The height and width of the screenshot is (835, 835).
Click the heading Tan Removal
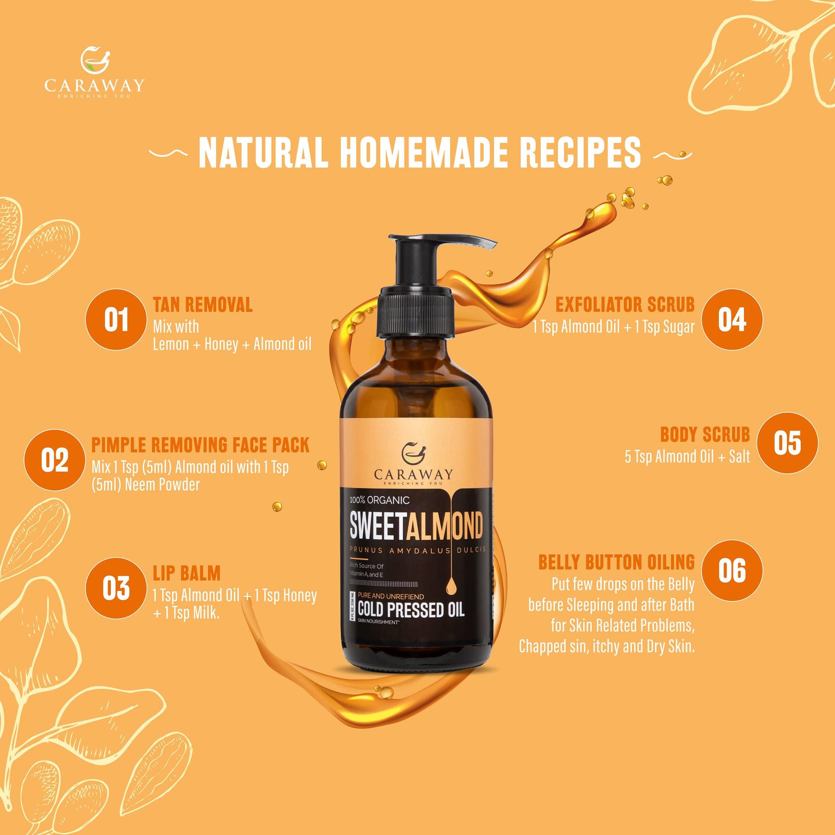pos(203,305)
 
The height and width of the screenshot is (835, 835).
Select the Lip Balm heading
pos(187,573)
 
